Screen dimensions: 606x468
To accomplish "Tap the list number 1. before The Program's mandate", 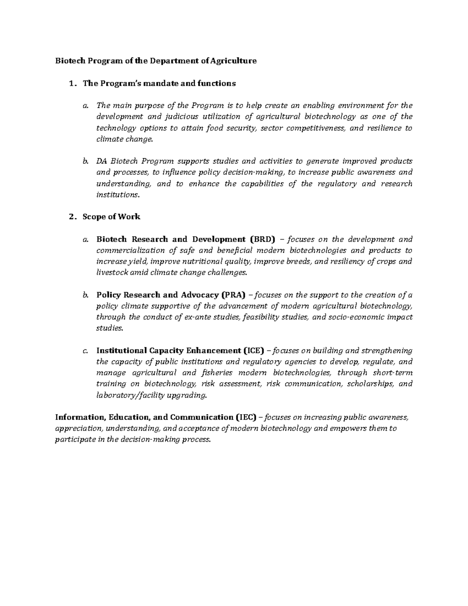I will [71, 84].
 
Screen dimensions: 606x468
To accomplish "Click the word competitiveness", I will [316, 128].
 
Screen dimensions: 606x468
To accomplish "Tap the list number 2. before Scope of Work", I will [71, 217].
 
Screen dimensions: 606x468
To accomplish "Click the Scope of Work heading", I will [111, 217].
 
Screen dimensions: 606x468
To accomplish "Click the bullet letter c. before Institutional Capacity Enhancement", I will [85, 351].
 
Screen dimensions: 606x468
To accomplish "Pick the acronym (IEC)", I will [246, 418].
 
